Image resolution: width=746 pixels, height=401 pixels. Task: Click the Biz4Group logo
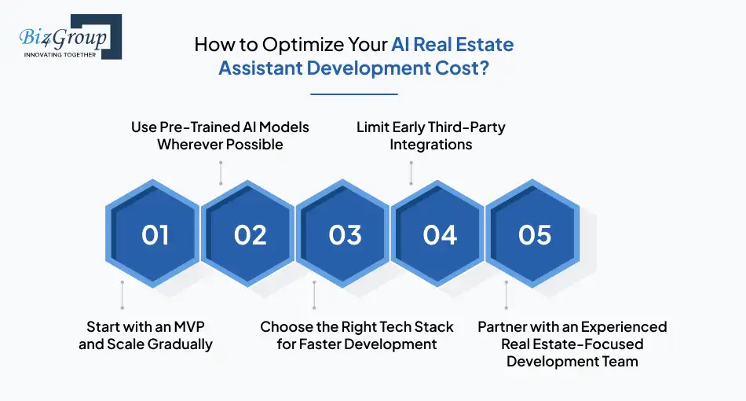coord(69,38)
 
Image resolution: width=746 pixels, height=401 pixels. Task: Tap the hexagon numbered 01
coord(155,234)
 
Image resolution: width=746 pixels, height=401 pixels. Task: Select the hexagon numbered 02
coord(250,234)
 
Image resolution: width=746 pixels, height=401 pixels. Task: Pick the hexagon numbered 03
coord(345,234)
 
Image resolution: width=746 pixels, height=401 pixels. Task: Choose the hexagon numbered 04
coord(440,234)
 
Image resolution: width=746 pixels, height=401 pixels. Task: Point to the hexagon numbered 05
coord(535,234)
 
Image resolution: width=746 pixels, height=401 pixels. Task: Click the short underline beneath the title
coord(354,94)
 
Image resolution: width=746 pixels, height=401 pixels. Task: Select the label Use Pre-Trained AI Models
coord(220,127)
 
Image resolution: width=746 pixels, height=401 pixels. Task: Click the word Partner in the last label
coord(503,326)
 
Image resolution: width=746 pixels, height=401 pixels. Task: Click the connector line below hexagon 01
coord(123,295)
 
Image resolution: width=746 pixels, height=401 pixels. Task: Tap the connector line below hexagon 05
coord(506,295)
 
